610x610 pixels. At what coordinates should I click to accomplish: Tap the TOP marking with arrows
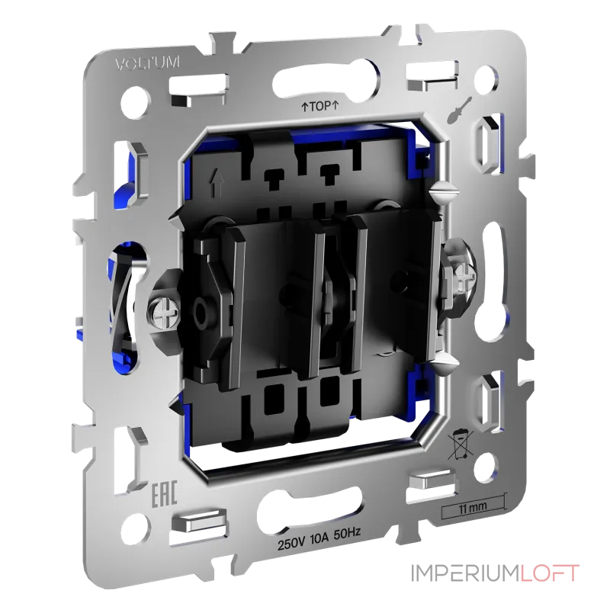tap(319, 108)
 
